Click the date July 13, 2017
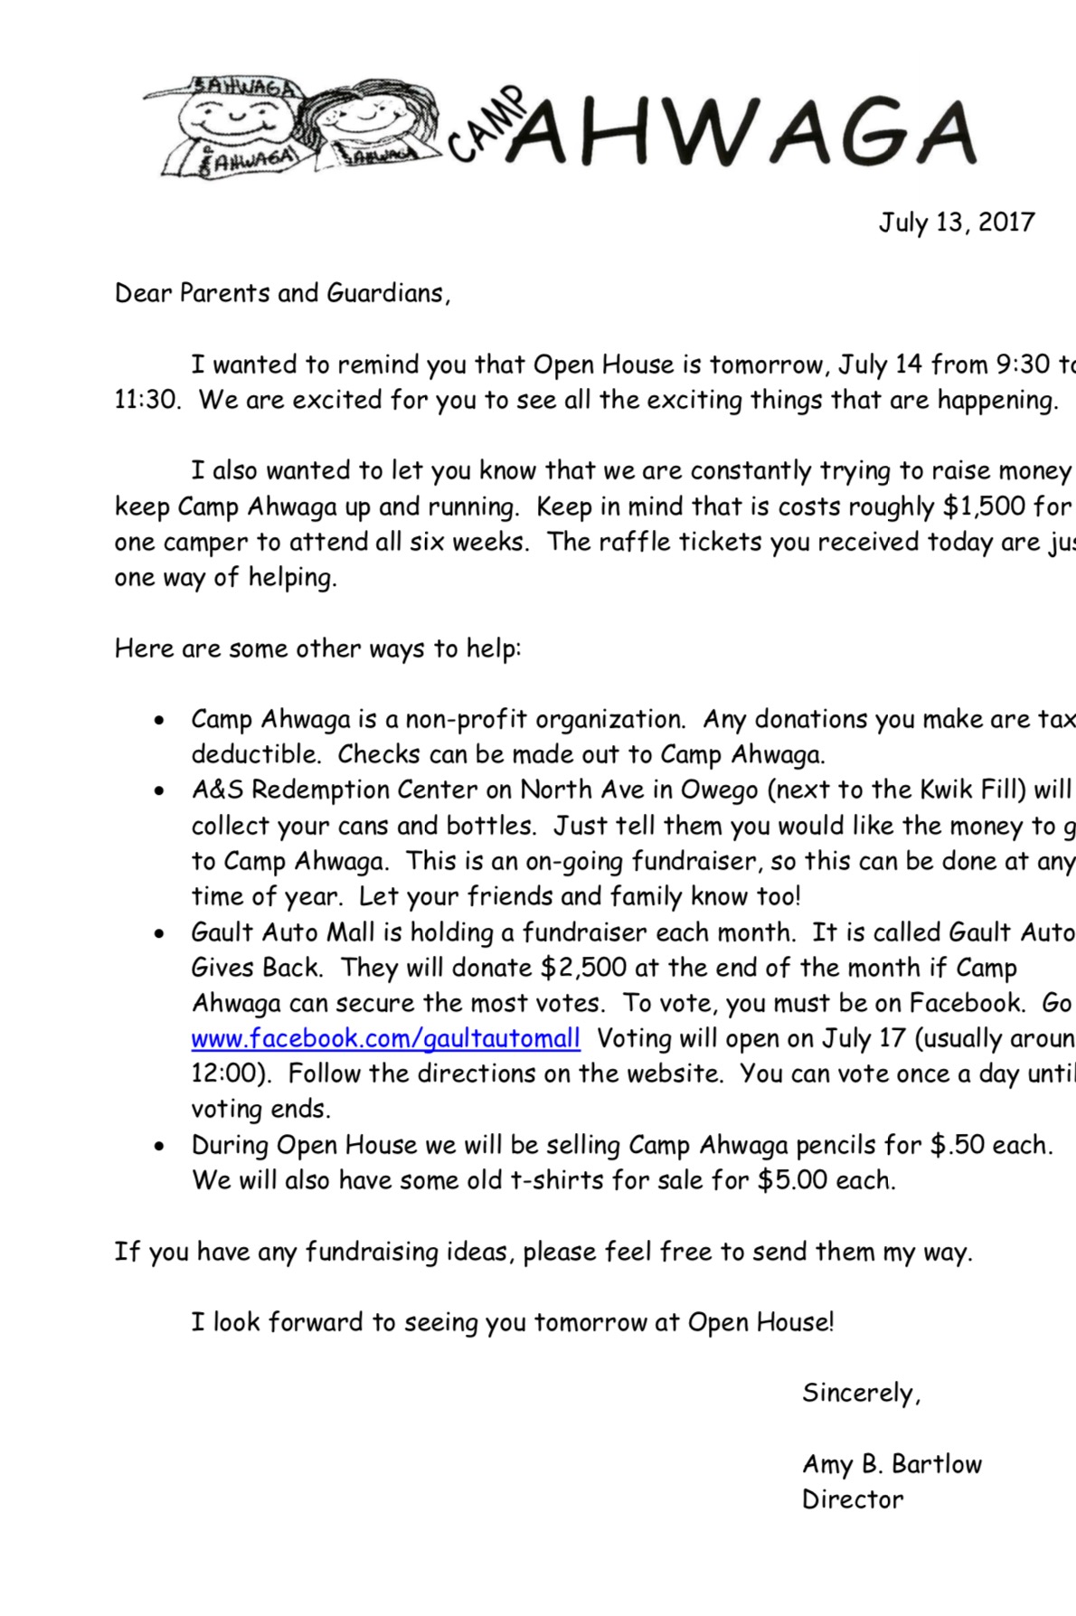(956, 222)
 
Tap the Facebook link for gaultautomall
(385, 1038)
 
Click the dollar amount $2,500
(583, 968)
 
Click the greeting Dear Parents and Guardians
(282, 294)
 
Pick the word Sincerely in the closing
(861, 1393)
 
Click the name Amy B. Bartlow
(892, 1464)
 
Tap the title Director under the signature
(853, 1499)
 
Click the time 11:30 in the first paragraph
(146, 400)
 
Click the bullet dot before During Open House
(159, 1147)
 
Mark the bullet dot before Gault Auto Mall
(159, 934)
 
